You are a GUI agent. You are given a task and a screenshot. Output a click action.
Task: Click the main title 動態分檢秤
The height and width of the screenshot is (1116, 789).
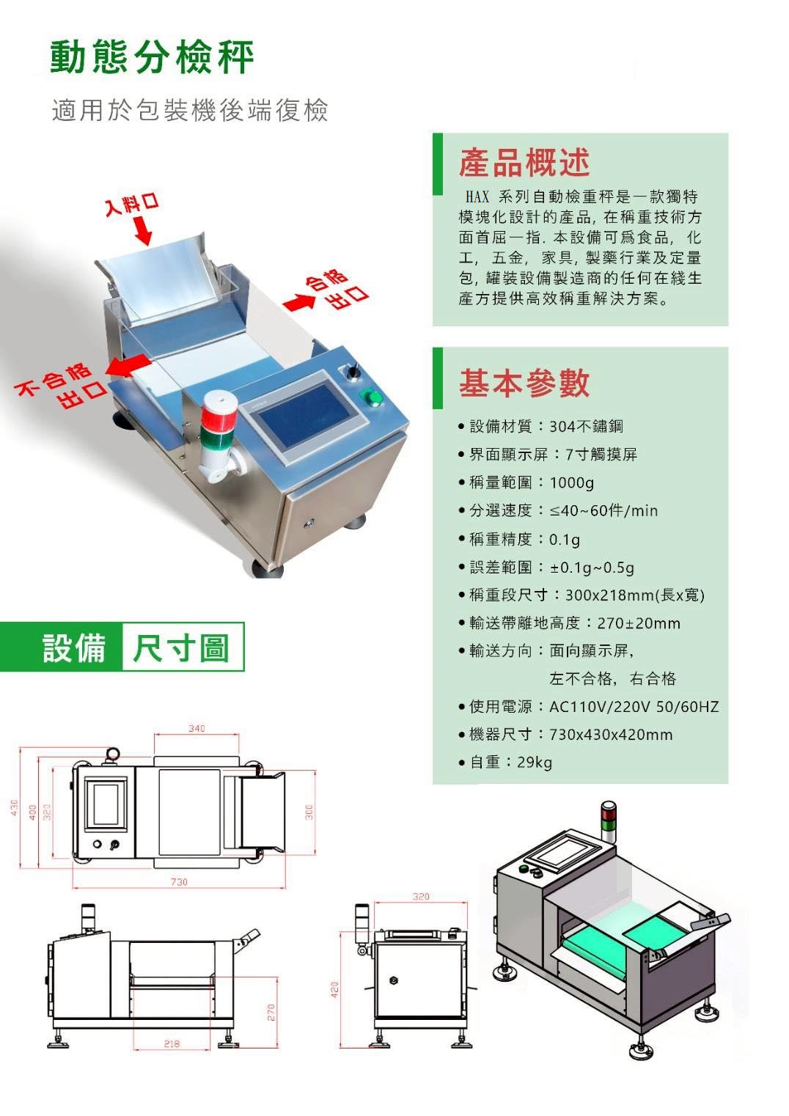pyautogui.click(x=153, y=57)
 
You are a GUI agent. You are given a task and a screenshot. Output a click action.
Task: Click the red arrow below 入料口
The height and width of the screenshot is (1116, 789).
pyautogui.click(x=143, y=232)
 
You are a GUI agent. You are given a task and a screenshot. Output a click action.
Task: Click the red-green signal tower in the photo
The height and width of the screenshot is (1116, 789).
pyautogui.click(x=219, y=436)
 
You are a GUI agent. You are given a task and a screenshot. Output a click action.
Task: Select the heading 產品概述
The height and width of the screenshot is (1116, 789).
pyautogui.click(x=524, y=163)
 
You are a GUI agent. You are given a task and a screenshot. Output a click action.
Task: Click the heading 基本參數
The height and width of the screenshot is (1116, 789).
pyautogui.click(x=524, y=383)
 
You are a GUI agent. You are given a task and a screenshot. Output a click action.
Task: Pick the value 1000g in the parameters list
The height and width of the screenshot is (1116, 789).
pyautogui.click(x=571, y=482)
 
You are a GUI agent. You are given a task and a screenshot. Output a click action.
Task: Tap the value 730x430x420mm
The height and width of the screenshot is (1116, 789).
pyautogui.click(x=611, y=735)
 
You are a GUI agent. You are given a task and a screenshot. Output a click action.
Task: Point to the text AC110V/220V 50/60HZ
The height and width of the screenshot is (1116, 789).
pyautogui.click(x=634, y=706)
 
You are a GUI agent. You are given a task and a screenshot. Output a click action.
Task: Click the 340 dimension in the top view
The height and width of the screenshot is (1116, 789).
pyautogui.click(x=197, y=728)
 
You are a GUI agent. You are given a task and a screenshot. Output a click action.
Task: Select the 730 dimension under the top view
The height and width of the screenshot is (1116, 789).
pyautogui.click(x=180, y=882)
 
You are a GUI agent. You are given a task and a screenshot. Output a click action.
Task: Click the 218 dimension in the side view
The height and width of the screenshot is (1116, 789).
pyautogui.click(x=172, y=1043)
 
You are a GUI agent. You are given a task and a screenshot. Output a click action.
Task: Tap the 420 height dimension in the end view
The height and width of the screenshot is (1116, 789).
pyautogui.click(x=334, y=989)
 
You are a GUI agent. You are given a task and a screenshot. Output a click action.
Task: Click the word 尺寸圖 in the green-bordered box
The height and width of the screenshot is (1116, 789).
pyautogui.click(x=181, y=647)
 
